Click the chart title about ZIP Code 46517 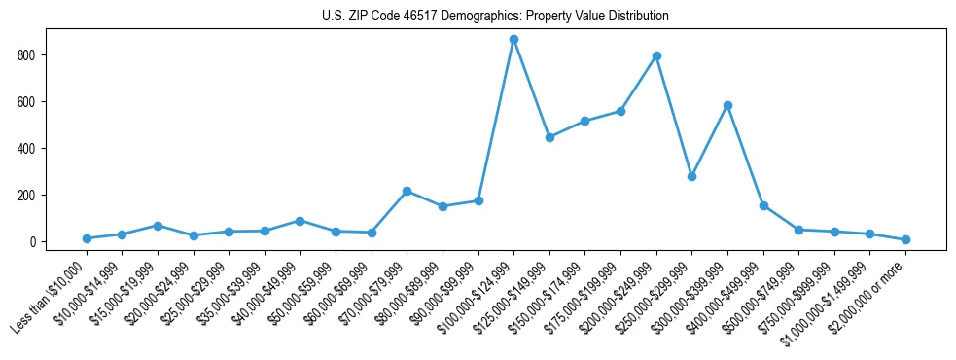point(495,17)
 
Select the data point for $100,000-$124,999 point(513,39)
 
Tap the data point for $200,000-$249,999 point(656,55)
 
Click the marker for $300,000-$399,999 point(727,105)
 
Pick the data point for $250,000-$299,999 point(691,176)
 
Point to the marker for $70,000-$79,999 point(407,191)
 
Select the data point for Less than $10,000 point(87,238)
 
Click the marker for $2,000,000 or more point(905,239)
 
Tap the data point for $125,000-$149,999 point(549,137)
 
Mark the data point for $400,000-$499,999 point(763,205)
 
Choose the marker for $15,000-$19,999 point(158,226)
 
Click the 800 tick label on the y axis point(28,55)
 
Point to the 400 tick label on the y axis point(28,149)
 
